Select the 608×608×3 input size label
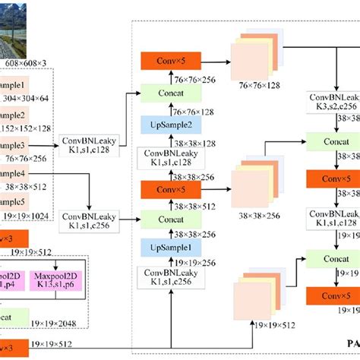tap(26, 62)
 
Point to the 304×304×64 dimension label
tap(28, 98)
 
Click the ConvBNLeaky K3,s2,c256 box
tap(334, 103)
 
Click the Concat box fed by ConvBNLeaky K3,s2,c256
tap(332, 141)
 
